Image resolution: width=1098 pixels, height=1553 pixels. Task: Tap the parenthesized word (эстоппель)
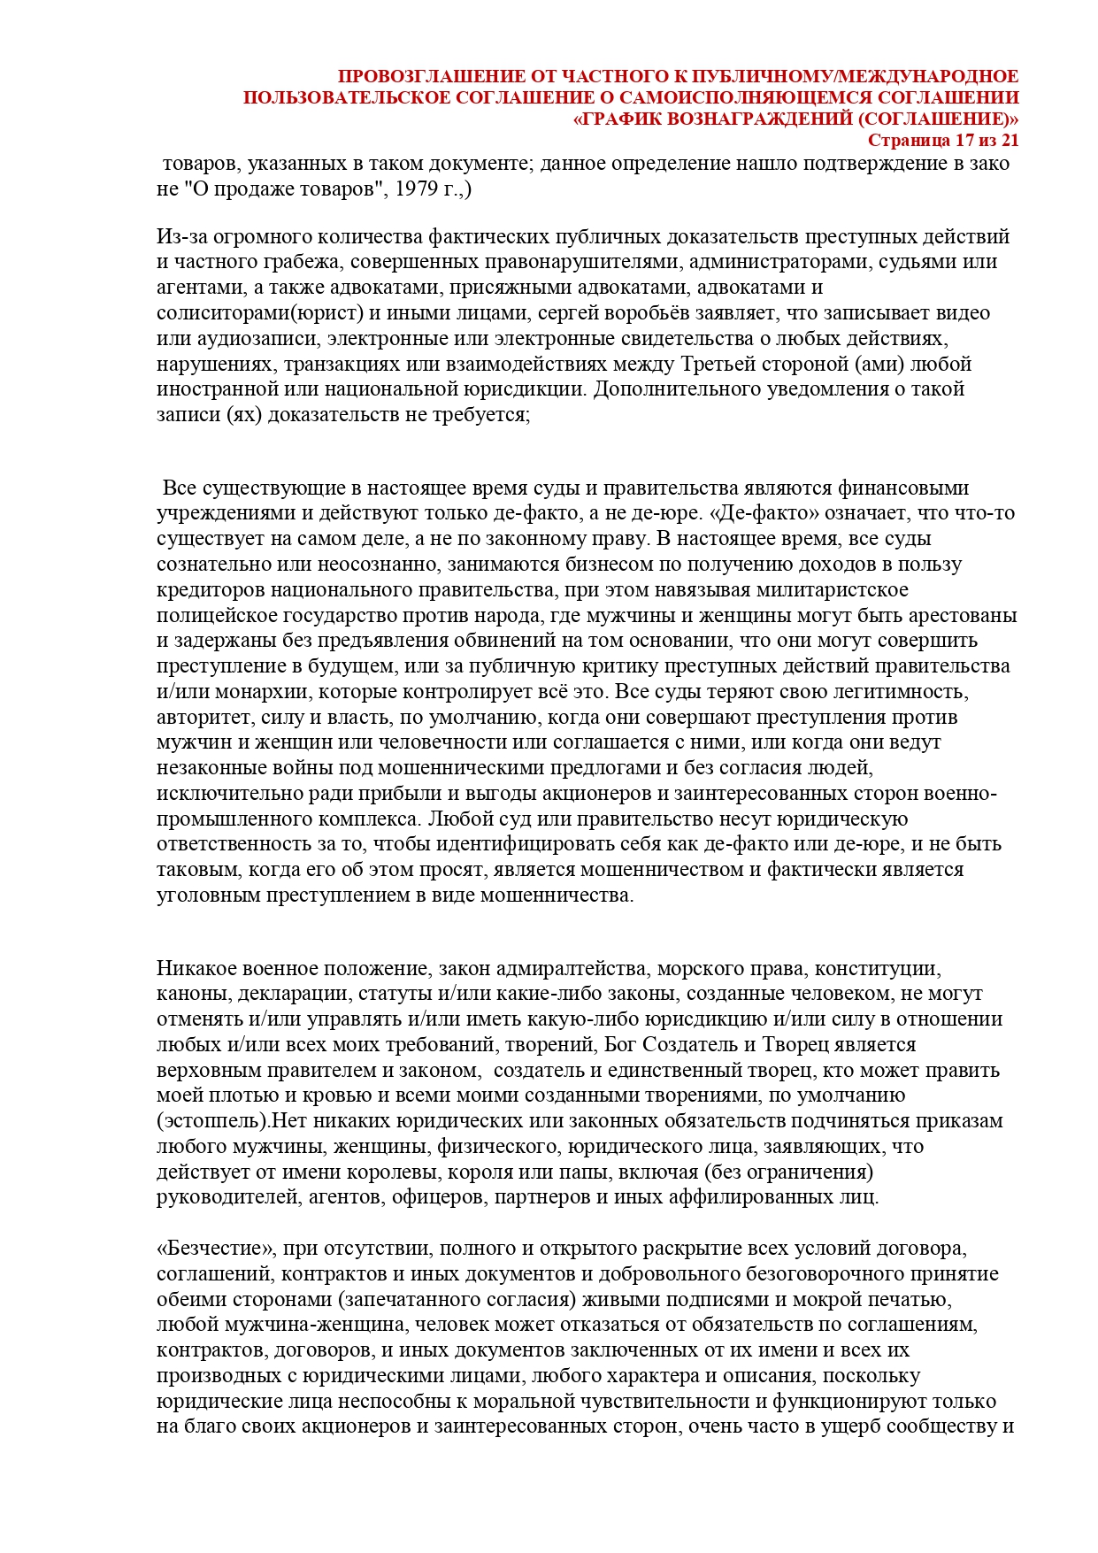pos(212,1121)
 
